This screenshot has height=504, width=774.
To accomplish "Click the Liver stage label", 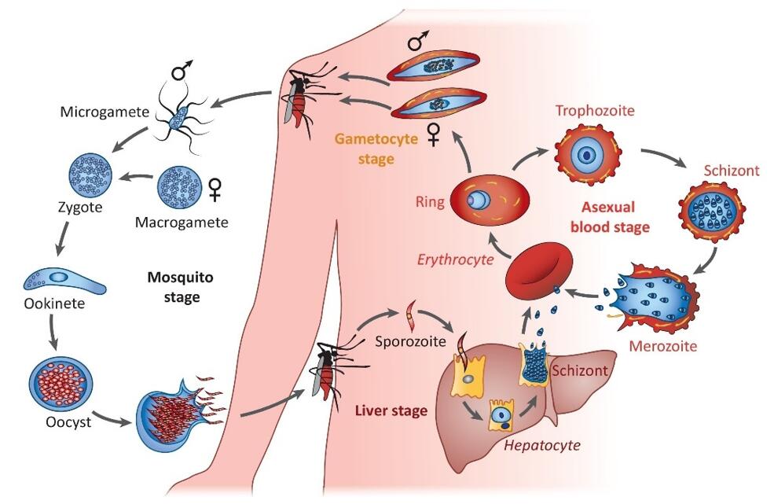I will (391, 410).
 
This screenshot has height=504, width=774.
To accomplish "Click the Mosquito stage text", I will (180, 287).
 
